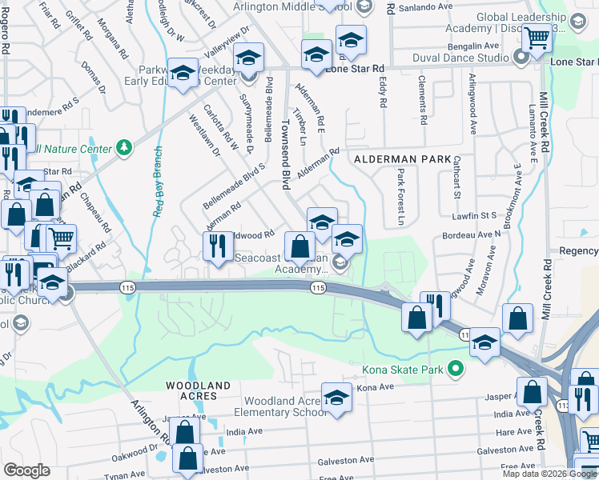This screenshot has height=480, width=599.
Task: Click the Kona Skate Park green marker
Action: click(456, 369)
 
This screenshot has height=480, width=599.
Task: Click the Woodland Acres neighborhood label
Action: click(198, 386)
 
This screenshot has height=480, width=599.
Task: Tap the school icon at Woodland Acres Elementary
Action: click(336, 398)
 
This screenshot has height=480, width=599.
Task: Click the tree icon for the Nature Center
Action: click(124, 147)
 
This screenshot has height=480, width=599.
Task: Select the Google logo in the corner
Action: click(26, 470)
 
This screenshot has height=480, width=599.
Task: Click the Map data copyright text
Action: click(549, 474)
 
